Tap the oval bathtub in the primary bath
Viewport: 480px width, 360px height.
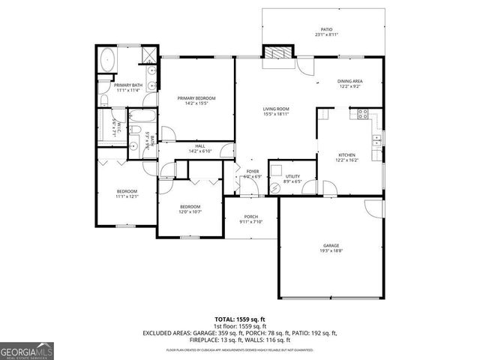(108, 59)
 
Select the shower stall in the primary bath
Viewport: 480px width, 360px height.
(149, 53)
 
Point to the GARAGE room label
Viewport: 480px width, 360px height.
(331, 245)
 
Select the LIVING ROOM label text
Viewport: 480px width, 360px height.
(276, 109)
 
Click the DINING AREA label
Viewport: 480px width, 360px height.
(349, 81)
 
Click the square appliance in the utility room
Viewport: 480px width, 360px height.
(276, 169)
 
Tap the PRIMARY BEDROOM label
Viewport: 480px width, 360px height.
(196, 98)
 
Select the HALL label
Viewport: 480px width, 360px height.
(200, 146)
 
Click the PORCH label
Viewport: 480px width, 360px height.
(250, 217)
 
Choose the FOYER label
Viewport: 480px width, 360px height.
(253, 172)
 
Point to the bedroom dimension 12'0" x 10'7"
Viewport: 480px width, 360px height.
(190, 211)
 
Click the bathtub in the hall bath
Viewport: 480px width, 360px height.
(141, 117)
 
